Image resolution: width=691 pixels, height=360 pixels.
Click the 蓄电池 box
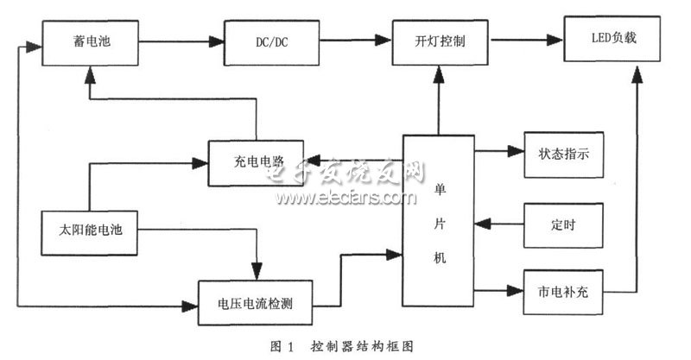click(87, 41)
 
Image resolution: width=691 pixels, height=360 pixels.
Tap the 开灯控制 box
click(439, 41)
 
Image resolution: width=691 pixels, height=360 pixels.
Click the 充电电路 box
click(251, 159)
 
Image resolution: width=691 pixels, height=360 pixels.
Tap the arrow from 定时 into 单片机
click(502, 224)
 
